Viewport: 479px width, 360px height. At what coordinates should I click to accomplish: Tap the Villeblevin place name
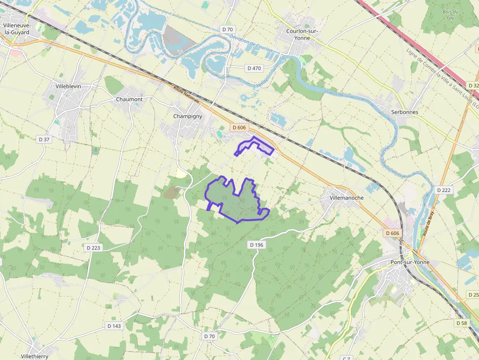[68, 86]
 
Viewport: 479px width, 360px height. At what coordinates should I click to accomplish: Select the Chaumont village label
[130, 99]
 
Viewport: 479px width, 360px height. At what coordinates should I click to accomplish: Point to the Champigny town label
[188, 116]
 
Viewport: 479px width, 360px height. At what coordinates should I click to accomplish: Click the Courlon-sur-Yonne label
[302, 35]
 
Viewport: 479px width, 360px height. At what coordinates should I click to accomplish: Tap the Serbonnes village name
[405, 112]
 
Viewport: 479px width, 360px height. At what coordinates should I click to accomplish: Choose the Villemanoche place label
[347, 198]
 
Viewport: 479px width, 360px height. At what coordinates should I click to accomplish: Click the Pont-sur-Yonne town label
[410, 262]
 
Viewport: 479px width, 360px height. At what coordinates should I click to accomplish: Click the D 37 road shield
[44, 139]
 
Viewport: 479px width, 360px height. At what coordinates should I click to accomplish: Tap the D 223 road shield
[93, 248]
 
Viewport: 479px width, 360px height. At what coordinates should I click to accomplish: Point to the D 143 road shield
[113, 326]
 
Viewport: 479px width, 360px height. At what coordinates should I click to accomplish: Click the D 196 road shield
[256, 244]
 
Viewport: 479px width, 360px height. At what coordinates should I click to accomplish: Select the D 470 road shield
[254, 68]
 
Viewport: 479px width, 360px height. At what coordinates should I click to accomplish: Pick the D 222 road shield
[444, 190]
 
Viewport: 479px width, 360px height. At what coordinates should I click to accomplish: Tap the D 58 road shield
[461, 323]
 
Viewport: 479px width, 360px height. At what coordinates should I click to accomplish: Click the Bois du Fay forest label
[450, 15]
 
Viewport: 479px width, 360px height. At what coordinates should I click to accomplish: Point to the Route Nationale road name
[187, 95]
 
